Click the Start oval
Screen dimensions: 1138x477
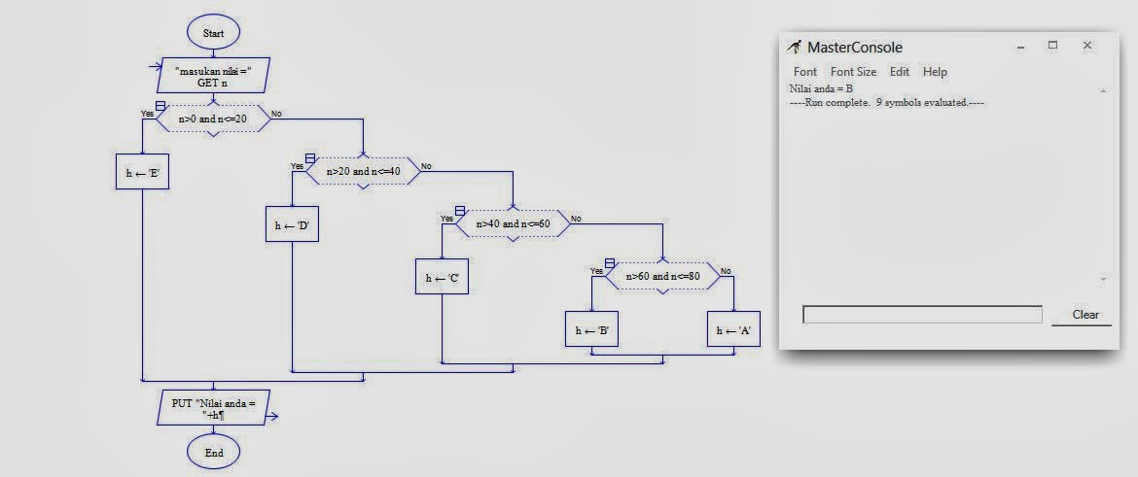click(213, 33)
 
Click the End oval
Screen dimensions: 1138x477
click(213, 453)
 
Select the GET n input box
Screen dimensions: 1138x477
click(213, 76)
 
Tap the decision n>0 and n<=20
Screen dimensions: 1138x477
click(213, 119)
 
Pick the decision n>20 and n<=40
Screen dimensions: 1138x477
click(363, 172)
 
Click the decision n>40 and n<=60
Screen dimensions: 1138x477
click(514, 224)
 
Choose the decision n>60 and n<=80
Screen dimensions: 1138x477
click(662, 276)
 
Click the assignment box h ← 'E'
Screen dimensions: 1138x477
click(142, 172)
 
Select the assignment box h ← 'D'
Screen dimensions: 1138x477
click(292, 224)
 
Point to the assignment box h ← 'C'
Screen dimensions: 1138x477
click(442, 277)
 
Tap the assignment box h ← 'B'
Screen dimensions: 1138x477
click(591, 329)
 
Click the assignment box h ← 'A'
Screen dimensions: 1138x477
click(733, 329)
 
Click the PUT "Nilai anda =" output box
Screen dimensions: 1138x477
click(213, 408)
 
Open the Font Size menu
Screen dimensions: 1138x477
click(854, 72)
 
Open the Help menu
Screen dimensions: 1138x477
click(935, 72)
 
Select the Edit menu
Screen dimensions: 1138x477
click(900, 72)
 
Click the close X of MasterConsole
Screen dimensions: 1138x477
click(1087, 45)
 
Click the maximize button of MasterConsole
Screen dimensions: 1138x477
click(1053, 45)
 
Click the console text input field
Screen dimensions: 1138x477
click(922, 315)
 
